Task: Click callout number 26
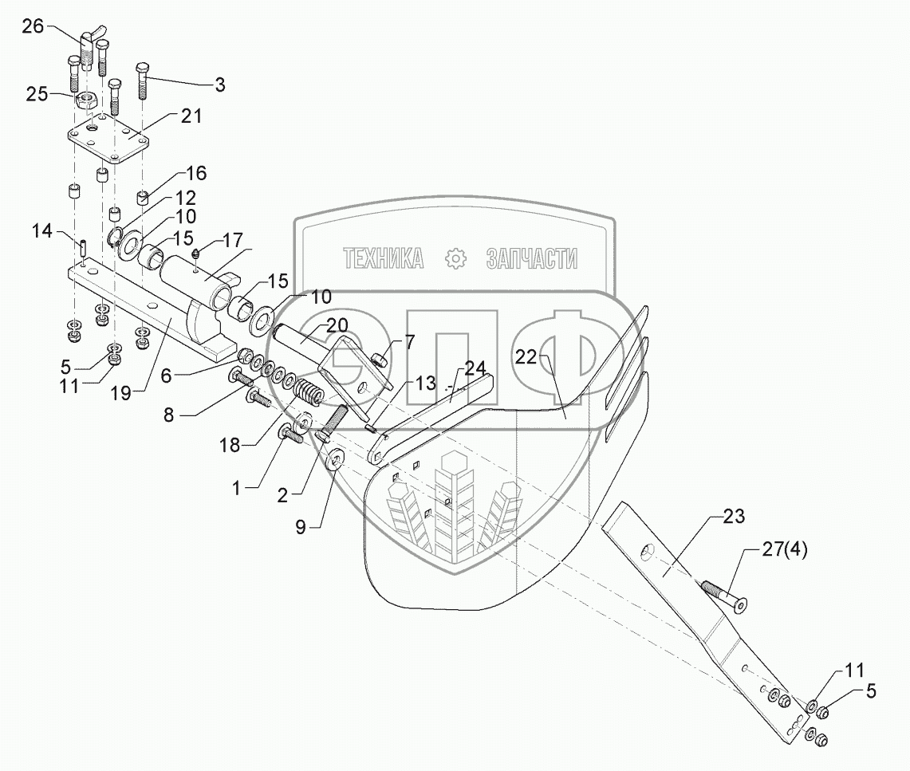click(x=33, y=26)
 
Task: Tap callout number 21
click(x=191, y=116)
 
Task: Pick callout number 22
click(x=527, y=358)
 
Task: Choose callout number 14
click(x=42, y=232)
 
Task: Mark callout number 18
click(x=230, y=444)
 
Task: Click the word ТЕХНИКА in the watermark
click(x=383, y=258)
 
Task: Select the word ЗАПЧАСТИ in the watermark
click(x=531, y=258)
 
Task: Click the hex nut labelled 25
click(x=87, y=102)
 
